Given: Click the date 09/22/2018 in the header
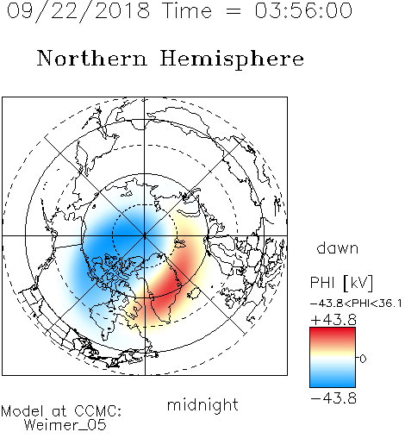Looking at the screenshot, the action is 78,11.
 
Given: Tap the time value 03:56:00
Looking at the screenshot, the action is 303,10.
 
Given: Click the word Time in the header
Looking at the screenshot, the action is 187,10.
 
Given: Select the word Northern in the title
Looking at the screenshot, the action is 91,59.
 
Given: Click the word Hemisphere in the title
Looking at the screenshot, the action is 232,59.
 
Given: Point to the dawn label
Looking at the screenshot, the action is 338,248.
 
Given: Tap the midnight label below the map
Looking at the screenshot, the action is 202,404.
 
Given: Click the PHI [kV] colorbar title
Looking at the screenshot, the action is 341,283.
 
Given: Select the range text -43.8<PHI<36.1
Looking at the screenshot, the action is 356,303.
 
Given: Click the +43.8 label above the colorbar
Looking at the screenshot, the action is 333,320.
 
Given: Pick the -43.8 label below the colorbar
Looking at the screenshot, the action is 333,398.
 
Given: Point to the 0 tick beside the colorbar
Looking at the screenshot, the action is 363,359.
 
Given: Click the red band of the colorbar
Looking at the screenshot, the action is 333,335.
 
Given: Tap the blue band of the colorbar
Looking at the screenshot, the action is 333,379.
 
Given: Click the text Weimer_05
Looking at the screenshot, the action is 65,425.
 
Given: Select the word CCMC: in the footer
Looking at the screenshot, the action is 98,411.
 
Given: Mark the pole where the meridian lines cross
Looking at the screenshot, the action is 145,236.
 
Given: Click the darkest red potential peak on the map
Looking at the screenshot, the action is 168,286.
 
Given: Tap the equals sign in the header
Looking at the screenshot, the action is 234,11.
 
